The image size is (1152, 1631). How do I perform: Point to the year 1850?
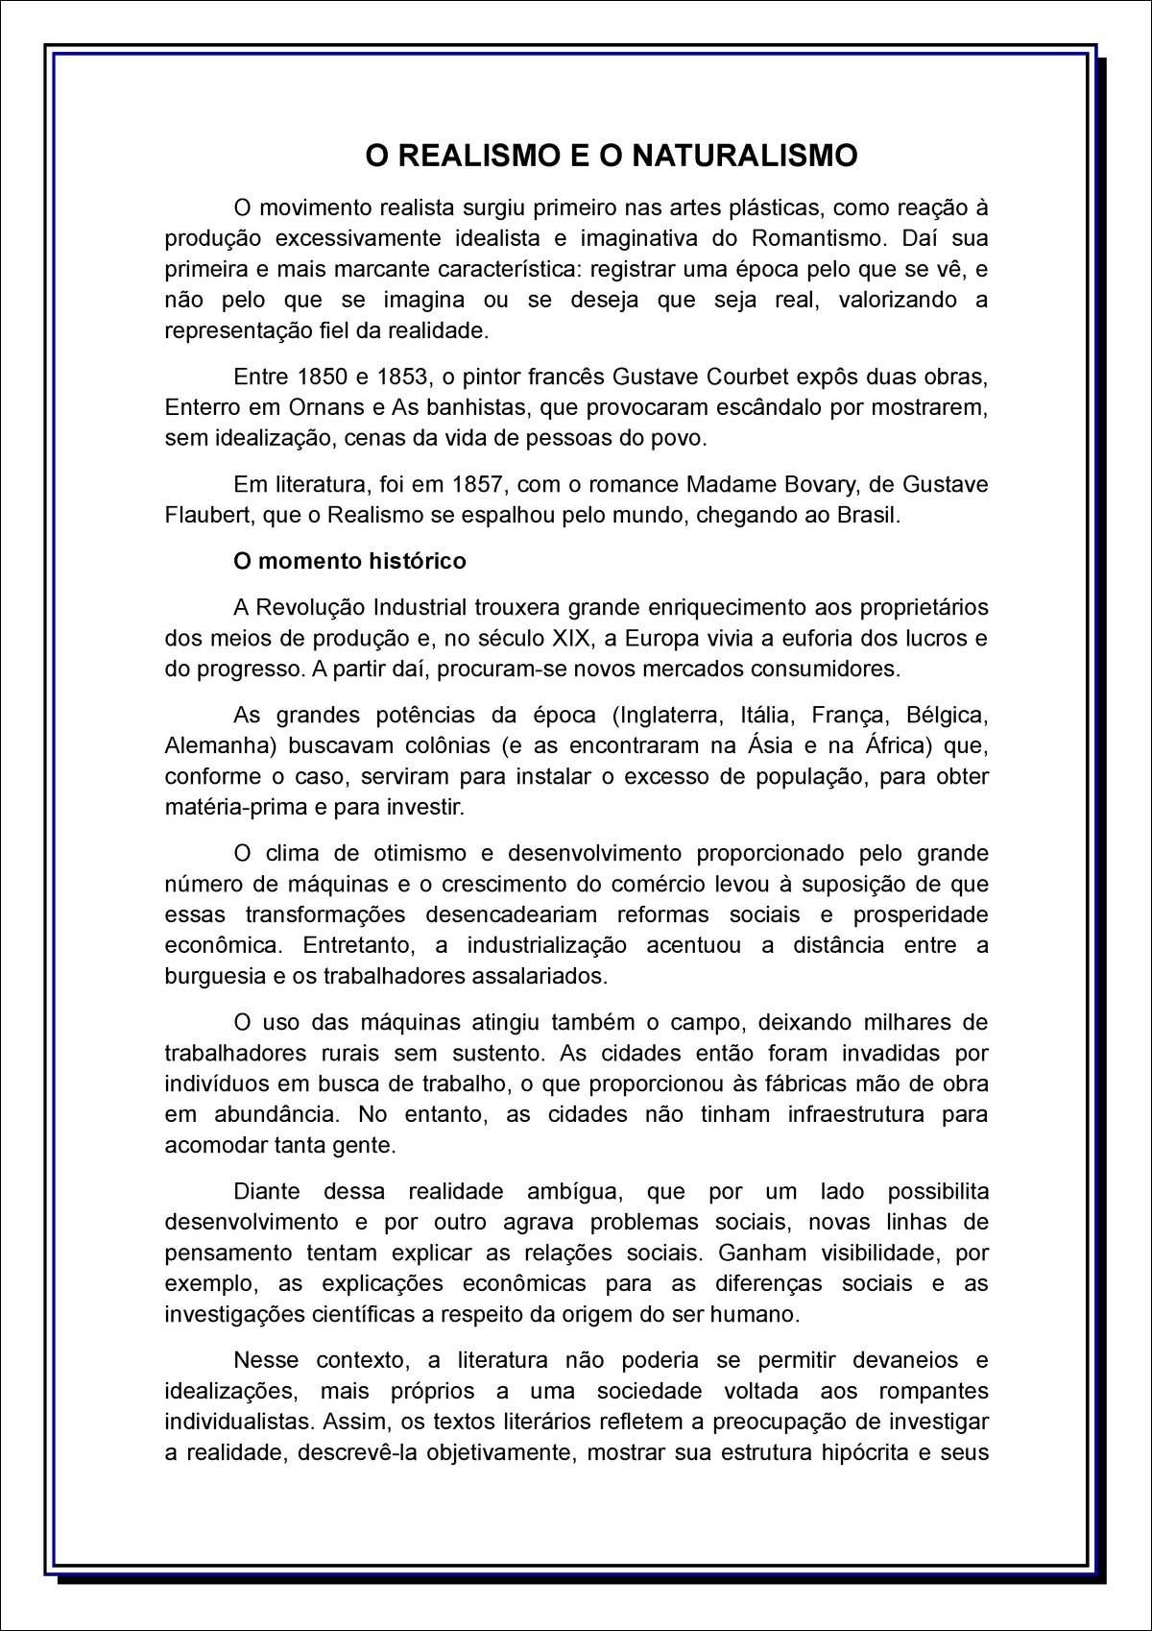pyautogui.click(x=324, y=377)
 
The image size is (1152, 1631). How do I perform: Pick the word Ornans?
pyautogui.click(x=326, y=407)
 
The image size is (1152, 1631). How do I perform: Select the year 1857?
pyautogui.click(x=478, y=484)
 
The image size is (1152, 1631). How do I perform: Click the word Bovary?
pyautogui.click(x=801, y=484)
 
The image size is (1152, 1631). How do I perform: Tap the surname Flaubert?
pyautogui.click(x=207, y=515)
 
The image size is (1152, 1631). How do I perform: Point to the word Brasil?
pyautogui.click(x=868, y=515)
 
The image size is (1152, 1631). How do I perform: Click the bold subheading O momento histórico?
pyautogui.click(x=349, y=561)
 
